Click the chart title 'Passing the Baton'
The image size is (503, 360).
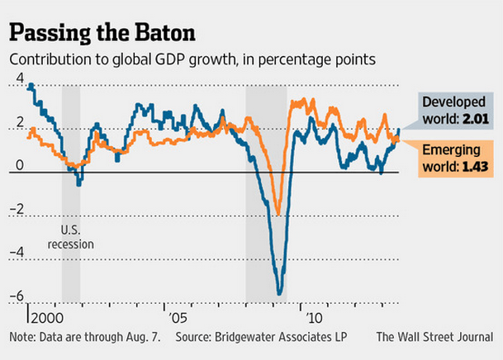[x=102, y=34]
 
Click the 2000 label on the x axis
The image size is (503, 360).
[x=46, y=317]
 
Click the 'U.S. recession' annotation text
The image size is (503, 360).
[x=71, y=237]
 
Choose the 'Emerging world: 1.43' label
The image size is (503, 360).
[x=453, y=159]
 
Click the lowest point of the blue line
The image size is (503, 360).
[x=280, y=293]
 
